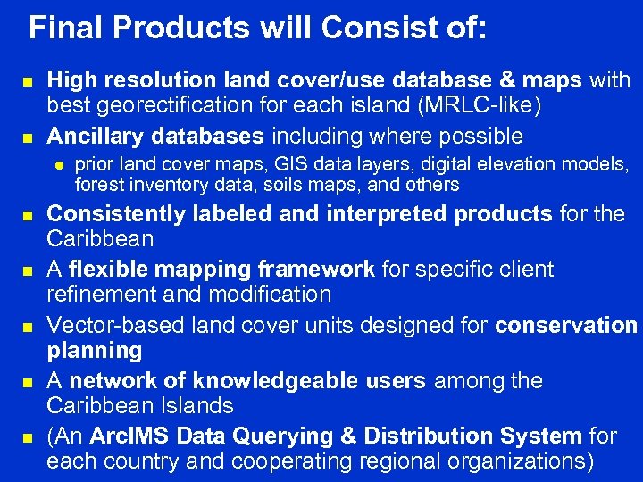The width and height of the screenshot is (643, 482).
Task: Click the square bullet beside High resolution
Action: (28, 82)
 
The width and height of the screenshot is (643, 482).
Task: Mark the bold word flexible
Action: (107, 270)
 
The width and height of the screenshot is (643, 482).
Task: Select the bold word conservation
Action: (566, 325)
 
